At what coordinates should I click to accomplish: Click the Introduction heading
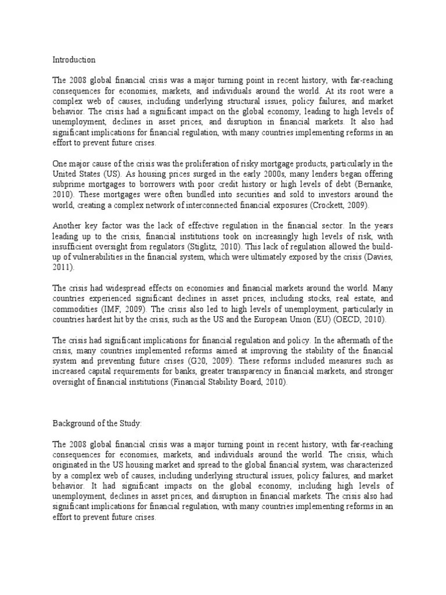click(x=74, y=60)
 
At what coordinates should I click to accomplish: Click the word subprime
click(x=69, y=184)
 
